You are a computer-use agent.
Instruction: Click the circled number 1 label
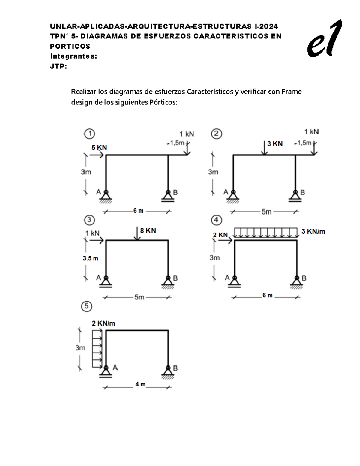pyautogui.click(x=89, y=134)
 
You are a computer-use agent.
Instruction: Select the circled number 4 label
pyautogui.click(x=217, y=220)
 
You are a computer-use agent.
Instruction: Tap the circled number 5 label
pyautogui.click(x=87, y=306)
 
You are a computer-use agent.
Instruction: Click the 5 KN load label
pyautogui.click(x=99, y=148)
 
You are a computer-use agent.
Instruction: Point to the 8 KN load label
pyautogui.click(x=148, y=230)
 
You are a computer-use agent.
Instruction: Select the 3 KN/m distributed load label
pyautogui.click(x=313, y=231)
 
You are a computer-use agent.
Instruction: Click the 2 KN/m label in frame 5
pyautogui.click(x=103, y=323)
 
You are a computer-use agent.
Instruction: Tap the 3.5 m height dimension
pyautogui.click(x=91, y=258)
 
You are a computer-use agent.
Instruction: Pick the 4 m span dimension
pyautogui.click(x=140, y=384)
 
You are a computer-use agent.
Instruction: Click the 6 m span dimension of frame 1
pyautogui.click(x=138, y=211)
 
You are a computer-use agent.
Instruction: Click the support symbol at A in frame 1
pyautogui.click(x=106, y=196)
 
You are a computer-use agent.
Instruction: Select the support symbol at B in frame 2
pyautogui.click(x=295, y=196)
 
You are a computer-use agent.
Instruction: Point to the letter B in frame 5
pyautogui.click(x=175, y=368)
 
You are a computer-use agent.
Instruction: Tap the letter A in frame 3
pyautogui.click(x=98, y=278)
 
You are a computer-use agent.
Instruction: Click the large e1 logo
pyautogui.click(x=325, y=39)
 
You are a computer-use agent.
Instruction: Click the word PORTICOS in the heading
pyautogui.click(x=70, y=46)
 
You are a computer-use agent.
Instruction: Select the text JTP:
pyautogui.click(x=58, y=66)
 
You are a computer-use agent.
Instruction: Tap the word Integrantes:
pyautogui.click(x=73, y=56)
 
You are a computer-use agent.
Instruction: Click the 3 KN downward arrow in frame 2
pyautogui.click(x=264, y=148)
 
